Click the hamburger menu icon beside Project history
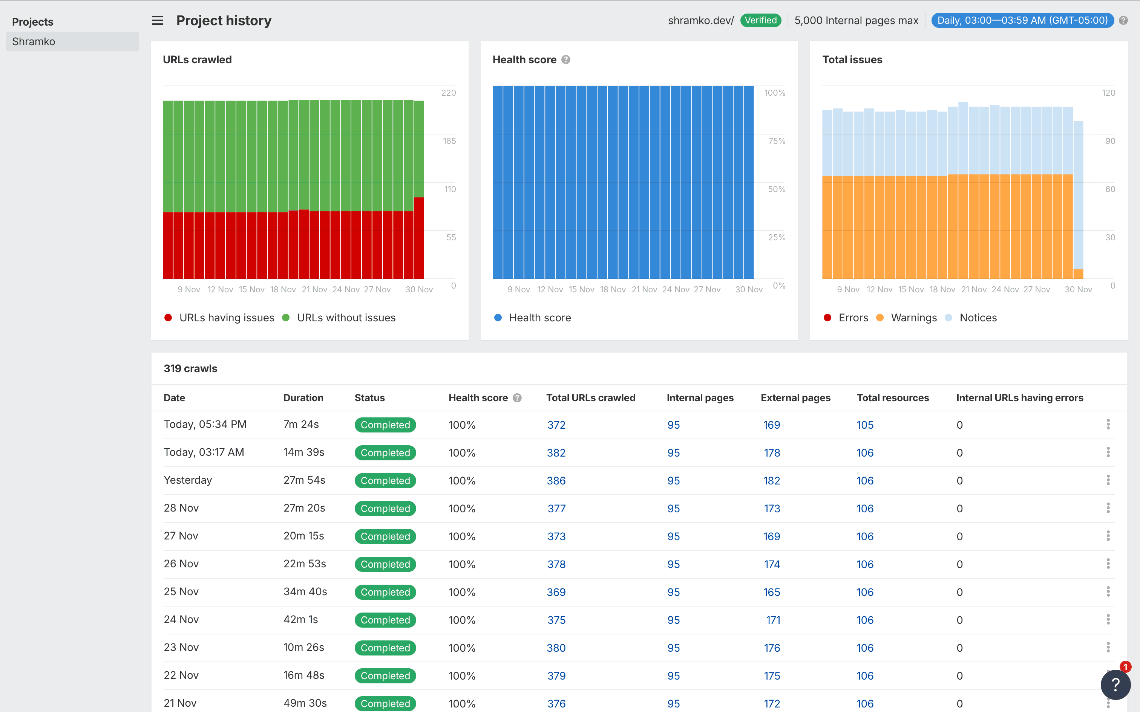(x=157, y=20)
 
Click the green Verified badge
(x=760, y=20)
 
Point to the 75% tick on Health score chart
(x=776, y=141)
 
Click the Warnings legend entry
(x=913, y=318)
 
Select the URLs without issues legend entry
(x=346, y=318)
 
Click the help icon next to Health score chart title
(x=566, y=60)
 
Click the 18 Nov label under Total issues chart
(x=942, y=290)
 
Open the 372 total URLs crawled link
(x=556, y=425)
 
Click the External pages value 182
(x=771, y=481)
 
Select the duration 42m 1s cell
(x=300, y=620)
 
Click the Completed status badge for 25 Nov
(x=385, y=592)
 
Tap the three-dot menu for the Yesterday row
(x=1108, y=480)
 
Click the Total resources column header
(x=892, y=398)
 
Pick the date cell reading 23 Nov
(x=181, y=648)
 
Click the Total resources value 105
(x=864, y=425)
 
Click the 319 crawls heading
(x=190, y=369)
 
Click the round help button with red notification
(x=1115, y=684)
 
